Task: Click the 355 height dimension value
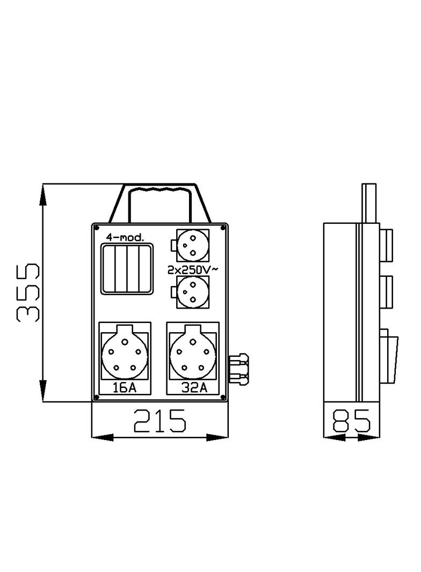[x=28, y=292]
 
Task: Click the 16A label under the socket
[x=125, y=388]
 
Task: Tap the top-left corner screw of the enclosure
[x=96, y=227]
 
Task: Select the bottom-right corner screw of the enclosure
[x=224, y=397]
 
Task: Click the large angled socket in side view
[x=390, y=357]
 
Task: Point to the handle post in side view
[x=370, y=204]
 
